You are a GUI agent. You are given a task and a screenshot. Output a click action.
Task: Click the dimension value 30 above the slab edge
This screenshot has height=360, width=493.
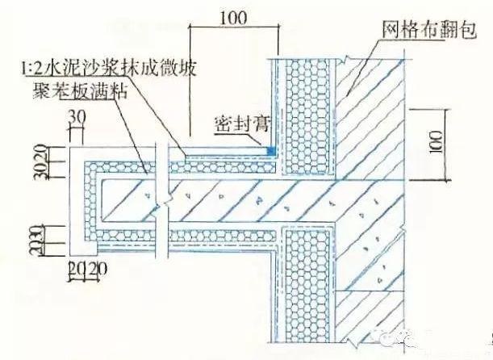coord(77,119)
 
